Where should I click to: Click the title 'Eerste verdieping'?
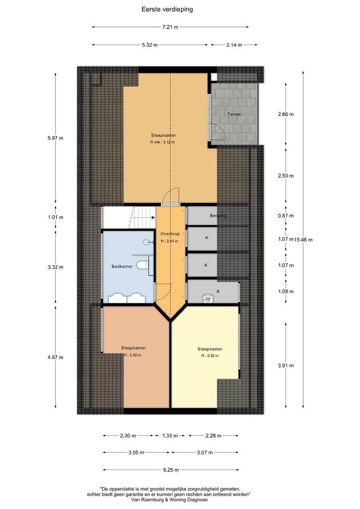click(167, 9)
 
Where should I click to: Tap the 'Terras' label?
click(234, 115)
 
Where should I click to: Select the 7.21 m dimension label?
click(170, 27)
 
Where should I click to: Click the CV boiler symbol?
click(207, 298)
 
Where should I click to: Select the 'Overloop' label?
click(170, 234)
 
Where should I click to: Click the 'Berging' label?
click(218, 215)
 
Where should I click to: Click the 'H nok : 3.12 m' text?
click(163, 142)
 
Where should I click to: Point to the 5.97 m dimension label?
click(56, 138)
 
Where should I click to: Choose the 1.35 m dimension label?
click(170, 436)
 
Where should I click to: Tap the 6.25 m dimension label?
click(170, 470)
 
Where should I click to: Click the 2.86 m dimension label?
click(286, 115)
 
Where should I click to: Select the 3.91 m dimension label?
click(286, 365)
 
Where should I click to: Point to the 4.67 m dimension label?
click(56, 357)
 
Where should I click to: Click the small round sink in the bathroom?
click(147, 242)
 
